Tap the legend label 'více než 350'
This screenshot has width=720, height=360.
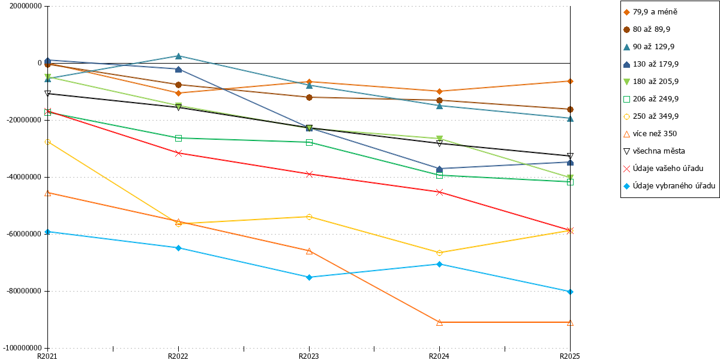655,134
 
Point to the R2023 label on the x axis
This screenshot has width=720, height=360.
309,356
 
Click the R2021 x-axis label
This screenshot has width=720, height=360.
47,356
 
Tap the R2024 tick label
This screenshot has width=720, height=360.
439,356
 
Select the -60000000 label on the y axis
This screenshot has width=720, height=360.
24,234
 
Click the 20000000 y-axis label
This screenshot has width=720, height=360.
25,6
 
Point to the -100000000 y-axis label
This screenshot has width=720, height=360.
22,348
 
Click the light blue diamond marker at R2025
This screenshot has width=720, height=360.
570,292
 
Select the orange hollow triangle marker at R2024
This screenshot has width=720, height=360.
439,322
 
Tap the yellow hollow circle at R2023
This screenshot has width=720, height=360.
309,217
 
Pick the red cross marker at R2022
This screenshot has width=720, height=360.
179,154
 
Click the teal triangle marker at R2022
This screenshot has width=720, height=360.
179,56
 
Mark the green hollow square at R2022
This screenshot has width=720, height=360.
179,138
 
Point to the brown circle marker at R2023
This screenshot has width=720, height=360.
309,97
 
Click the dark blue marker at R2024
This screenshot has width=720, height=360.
439,169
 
